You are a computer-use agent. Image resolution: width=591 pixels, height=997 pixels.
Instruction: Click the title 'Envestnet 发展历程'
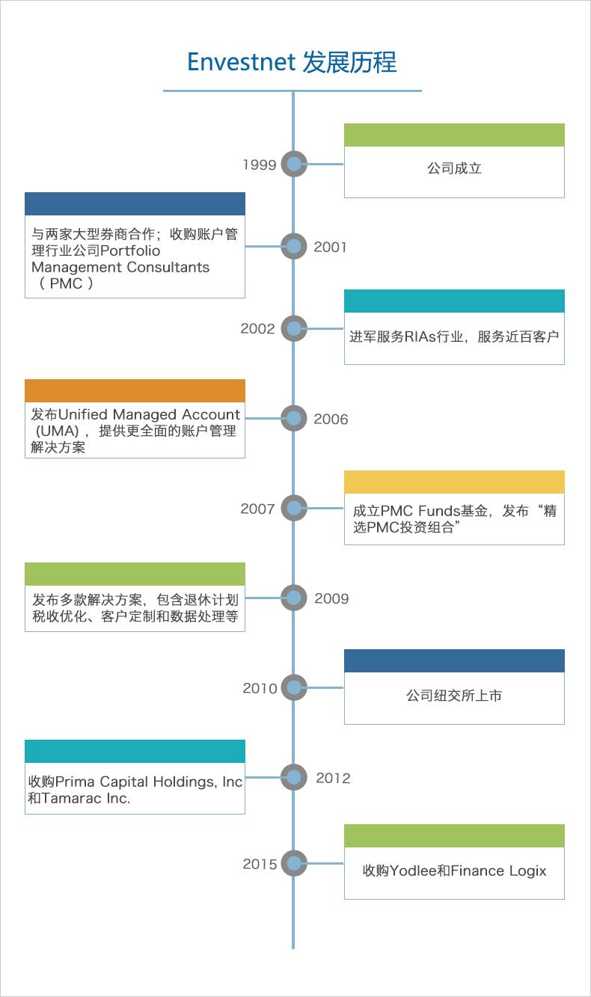[292, 61]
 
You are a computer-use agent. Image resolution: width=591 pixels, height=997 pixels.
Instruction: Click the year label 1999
[260, 165]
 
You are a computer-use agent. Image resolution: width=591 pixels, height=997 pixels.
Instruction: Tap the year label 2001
[331, 247]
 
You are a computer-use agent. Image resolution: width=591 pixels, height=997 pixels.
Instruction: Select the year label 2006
[331, 419]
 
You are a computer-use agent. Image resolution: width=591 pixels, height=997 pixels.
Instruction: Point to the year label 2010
[260, 688]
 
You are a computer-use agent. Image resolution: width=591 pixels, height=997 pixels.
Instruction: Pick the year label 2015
[260, 864]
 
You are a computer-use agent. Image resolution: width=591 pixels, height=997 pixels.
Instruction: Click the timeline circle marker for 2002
[294, 328]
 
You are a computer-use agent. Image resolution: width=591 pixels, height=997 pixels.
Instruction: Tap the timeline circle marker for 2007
[294, 509]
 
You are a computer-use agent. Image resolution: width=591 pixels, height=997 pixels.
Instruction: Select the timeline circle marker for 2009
[294, 598]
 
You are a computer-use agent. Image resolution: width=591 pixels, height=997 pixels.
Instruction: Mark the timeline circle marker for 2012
[294, 777]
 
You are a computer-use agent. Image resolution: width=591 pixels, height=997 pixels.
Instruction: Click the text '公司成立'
[454, 168]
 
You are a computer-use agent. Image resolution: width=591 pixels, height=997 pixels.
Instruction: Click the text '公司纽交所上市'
[454, 696]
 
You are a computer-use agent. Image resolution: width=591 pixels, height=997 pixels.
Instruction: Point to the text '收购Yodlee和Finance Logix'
[454, 871]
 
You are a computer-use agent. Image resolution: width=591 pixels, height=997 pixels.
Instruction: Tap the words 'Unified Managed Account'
[149, 414]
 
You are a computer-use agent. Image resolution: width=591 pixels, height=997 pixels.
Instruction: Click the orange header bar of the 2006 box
[135, 390]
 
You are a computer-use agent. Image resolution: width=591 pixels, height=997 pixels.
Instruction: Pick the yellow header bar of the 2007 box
[454, 482]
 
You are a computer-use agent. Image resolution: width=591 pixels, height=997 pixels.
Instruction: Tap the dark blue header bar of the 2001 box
[135, 203]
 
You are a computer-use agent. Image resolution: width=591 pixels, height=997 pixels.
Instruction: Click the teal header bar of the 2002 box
[454, 301]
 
